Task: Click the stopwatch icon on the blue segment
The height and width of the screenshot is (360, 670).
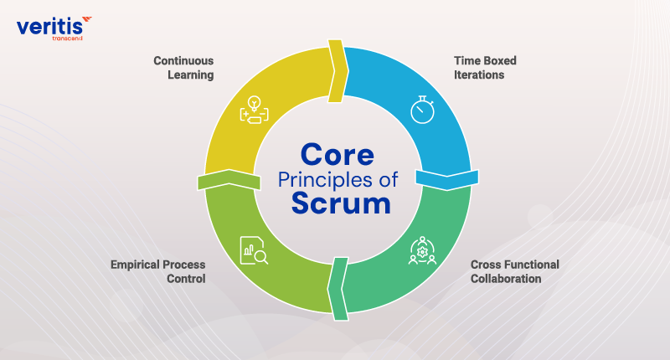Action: tap(422, 110)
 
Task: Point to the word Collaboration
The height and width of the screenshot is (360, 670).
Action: tap(505, 279)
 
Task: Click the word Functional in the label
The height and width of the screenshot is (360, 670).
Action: tap(530, 265)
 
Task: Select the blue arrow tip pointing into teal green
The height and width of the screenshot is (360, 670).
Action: tap(448, 178)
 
